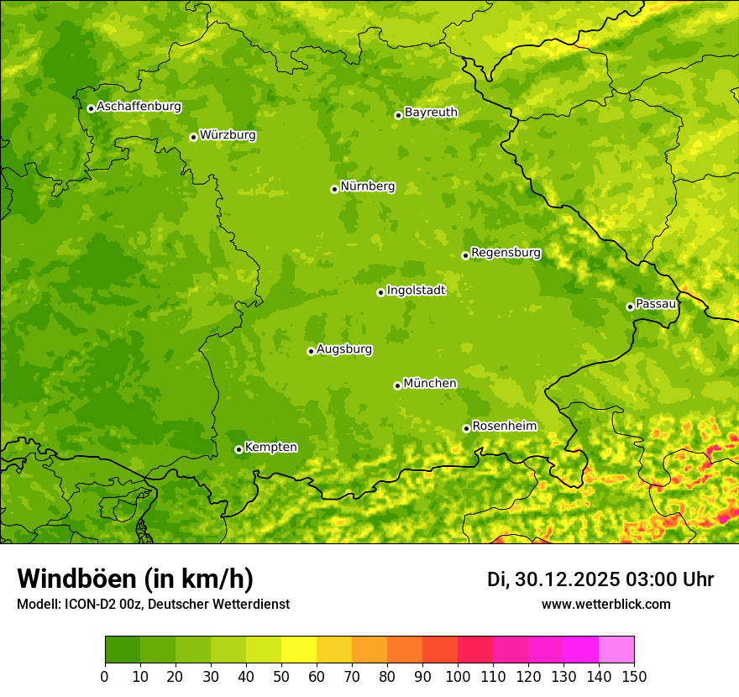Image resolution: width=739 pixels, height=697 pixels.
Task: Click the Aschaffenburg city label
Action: (x=139, y=107)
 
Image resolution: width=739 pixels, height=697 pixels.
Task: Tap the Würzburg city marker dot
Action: (x=193, y=137)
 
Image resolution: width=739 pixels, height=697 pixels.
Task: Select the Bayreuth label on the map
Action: (x=431, y=113)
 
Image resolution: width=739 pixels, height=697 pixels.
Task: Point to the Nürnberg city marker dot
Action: (x=334, y=189)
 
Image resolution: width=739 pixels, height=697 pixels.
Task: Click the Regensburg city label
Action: (x=506, y=253)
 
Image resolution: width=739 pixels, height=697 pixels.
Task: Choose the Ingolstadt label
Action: (x=416, y=291)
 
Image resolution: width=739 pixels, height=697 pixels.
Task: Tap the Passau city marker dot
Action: (x=630, y=307)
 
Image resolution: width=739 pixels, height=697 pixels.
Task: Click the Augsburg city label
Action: (x=344, y=349)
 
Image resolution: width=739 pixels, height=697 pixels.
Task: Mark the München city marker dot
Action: (x=397, y=385)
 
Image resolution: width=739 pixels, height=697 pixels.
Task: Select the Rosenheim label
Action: (x=504, y=427)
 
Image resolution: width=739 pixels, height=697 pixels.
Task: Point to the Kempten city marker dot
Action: (x=238, y=449)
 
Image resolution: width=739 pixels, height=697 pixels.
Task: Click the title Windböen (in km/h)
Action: (x=135, y=579)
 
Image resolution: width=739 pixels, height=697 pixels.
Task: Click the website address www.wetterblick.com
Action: (x=605, y=605)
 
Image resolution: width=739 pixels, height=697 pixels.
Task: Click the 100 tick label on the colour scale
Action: (x=458, y=676)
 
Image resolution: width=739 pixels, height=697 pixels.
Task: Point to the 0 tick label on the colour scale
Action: (x=105, y=676)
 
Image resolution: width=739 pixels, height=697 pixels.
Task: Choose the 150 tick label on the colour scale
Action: (x=634, y=676)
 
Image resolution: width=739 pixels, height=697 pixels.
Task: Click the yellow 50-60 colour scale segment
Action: (x=299, y=650)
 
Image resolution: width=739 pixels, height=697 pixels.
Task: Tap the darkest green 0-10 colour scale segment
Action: (x=123, y=650)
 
